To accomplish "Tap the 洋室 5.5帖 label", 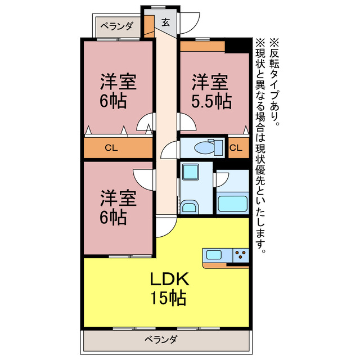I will point(210,92).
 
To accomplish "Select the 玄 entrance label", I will point(166,22).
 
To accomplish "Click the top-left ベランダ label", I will point(118,25).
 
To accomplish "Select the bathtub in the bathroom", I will point(232,202).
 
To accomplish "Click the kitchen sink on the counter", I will point(214,255).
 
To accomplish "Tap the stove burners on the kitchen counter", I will point(240,255).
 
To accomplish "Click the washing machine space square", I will point(191,172).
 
